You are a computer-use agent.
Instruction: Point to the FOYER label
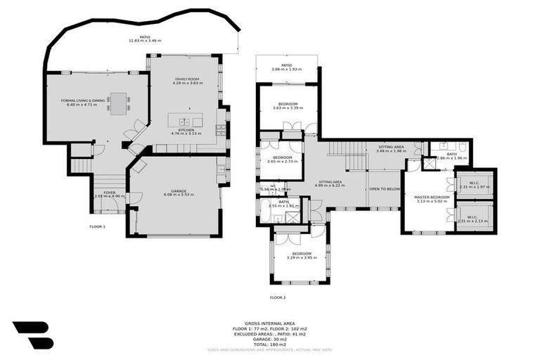coord(109,192)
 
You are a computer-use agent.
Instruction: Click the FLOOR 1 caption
coord(97,227)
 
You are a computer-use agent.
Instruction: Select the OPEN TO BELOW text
coord(385,189)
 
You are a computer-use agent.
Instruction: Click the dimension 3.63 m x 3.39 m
coord(288,108)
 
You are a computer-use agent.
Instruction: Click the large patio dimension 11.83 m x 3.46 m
coord(145,41)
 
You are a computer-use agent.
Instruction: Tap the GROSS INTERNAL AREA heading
coord(269,324)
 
